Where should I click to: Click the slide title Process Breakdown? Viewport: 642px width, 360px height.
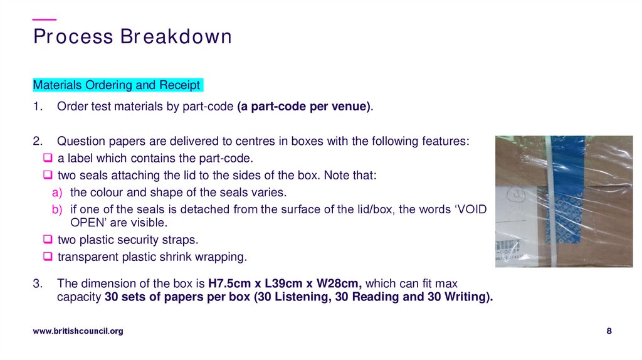(x=132, y=36)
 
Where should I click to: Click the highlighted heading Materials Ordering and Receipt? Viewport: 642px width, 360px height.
(x=117, y=85)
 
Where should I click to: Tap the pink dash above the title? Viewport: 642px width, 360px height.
(x=44, y=20)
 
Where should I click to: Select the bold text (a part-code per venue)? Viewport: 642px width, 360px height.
(x=304, y=107)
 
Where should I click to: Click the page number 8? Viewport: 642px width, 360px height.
(x=609, y=331)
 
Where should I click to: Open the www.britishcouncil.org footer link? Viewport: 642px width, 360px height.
(x=78, y=331)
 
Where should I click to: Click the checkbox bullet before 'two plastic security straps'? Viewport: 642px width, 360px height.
(x=48, y=240)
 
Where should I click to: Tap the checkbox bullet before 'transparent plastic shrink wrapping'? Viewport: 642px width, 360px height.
(x=48, y=257)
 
